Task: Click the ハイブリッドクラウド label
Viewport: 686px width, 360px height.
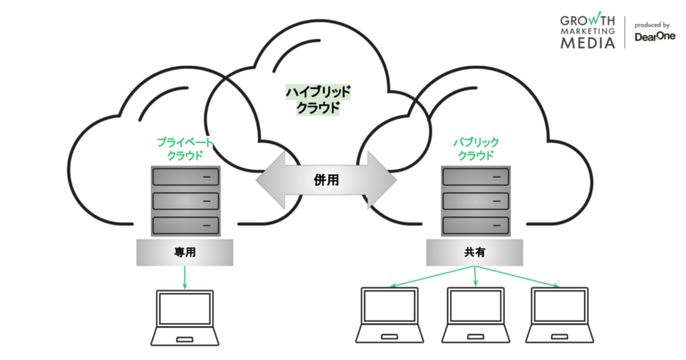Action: pos(318,99)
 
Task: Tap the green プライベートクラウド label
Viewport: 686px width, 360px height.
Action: pos(185,148)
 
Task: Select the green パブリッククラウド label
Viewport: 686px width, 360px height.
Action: pos(476,148)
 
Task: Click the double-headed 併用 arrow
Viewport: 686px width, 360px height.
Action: pos(326,180)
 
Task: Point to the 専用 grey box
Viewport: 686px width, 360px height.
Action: pos(184,253)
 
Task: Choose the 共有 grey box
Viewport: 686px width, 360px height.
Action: pos(475,253)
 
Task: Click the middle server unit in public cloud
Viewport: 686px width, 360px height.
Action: pos(475,200)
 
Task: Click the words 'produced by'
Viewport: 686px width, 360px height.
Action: pos(653,25)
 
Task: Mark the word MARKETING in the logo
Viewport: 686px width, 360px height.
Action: pos(588,31)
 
